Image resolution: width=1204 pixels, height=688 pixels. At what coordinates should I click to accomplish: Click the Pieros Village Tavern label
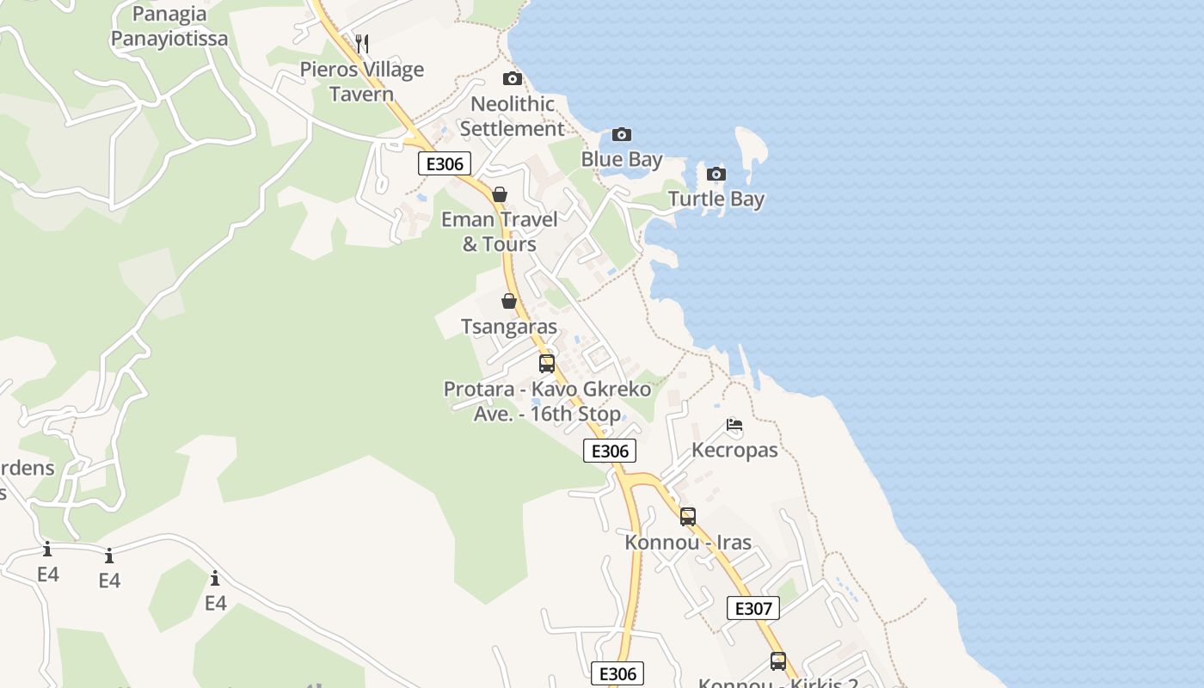[x=361, y=82]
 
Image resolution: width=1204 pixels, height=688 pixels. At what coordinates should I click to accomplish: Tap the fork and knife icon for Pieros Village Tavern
[x=362, y=43]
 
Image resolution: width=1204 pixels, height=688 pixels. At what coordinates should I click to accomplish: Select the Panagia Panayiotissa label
[x=169, y=27]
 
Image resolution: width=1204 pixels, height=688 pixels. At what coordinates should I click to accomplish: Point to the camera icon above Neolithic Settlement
[x=513, y=79]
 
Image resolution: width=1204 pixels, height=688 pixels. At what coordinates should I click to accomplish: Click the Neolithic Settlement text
[x=512, y=116]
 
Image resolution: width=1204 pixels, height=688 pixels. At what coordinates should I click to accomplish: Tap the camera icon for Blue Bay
[x=621, y=135]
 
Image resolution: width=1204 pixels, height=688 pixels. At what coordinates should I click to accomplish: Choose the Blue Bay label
[x=622, y=159]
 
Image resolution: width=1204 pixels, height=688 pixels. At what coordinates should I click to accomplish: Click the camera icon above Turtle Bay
[x=716, y=175]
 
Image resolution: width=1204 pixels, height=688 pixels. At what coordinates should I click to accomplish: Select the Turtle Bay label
[x=716, y=199]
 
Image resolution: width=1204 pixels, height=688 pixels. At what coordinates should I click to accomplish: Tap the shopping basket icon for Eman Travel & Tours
[x=500, y=194]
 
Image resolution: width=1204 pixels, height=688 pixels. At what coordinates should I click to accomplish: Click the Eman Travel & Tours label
[x=500, y=231]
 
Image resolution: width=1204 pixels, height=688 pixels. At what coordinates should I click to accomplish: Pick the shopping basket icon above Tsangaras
[x=509, y=301]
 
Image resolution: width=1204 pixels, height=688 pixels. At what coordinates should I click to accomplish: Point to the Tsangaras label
[x=509, y=327]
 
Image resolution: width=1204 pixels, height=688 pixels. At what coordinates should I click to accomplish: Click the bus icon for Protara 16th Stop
[x=547, y=364]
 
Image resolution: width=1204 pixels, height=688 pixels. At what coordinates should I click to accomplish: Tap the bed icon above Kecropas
[x=734, y=425]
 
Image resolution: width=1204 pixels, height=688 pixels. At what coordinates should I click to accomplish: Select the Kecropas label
[x=734, y=450]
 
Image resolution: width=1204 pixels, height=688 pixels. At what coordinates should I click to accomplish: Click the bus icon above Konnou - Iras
[x=688, y=517]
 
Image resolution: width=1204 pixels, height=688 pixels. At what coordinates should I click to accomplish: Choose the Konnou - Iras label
[x=688, y=543]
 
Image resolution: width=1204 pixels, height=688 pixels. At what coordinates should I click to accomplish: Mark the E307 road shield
[x=752, y=608]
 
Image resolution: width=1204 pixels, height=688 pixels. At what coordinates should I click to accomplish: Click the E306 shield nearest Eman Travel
[x=445, y=163]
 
